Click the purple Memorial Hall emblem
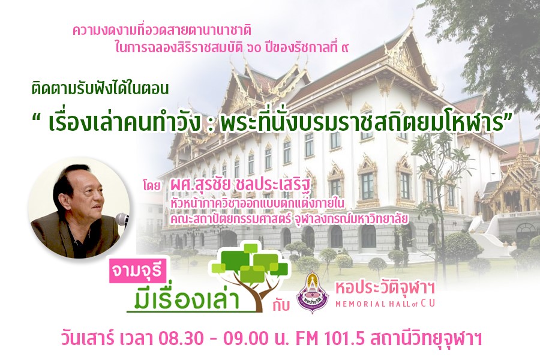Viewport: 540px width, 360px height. (313, 292)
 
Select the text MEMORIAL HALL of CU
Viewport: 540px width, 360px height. (385, 304)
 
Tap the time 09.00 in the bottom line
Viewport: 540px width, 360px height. (246, 339)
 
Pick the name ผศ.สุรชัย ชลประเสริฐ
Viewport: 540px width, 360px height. (239, 187)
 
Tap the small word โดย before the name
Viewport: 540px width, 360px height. (152, 187)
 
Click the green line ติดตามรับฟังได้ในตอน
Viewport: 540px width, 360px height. (100, 89)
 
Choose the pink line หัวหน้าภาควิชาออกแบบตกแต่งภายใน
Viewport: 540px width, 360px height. (257, 203)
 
